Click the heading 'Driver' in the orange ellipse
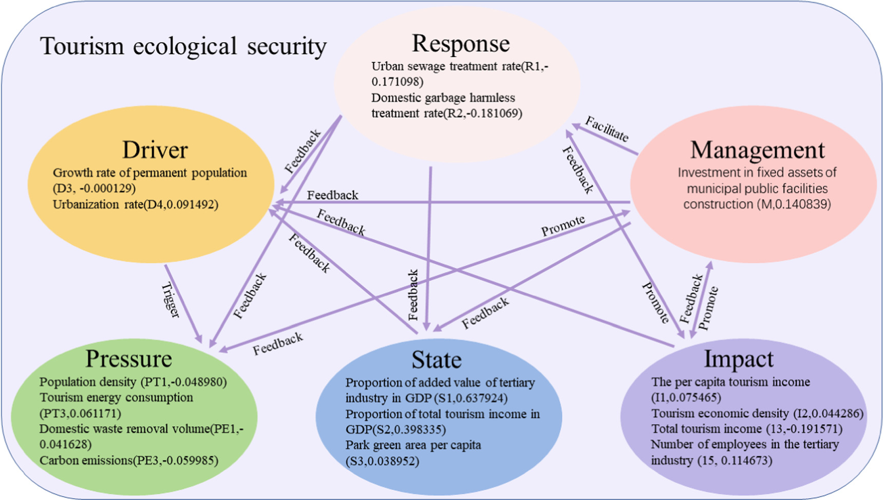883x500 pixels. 155,150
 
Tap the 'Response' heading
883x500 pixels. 461,44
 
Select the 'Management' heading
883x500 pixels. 757,150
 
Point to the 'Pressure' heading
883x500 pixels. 128,359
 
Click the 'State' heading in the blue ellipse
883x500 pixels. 436,360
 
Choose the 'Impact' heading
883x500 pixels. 738,359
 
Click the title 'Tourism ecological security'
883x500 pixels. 183,46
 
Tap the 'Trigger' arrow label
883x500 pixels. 171,300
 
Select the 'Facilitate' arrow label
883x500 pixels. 607,129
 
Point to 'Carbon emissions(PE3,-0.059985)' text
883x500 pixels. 128,460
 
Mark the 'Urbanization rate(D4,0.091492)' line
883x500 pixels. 135,205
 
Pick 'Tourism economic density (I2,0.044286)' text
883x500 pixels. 757,414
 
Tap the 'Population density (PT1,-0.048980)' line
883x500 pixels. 133,382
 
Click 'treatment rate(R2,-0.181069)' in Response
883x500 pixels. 446,113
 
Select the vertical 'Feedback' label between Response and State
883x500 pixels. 414,295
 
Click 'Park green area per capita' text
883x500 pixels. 413,445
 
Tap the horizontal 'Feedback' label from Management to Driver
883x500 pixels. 332,195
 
